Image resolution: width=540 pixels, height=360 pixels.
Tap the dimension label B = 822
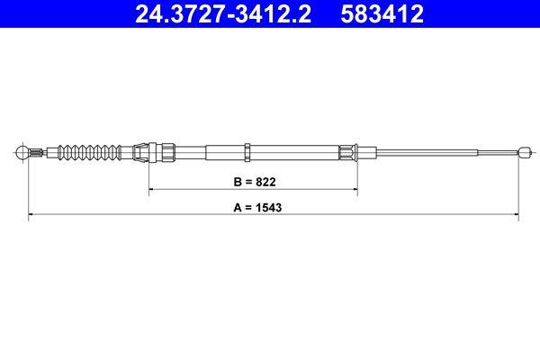(x=252, y=181)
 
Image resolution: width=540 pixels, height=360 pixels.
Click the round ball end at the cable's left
(x=24, y=151)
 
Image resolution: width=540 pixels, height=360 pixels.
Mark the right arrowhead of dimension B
(x=355, y=190)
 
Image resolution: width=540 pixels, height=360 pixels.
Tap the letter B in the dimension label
(x=237, y=181)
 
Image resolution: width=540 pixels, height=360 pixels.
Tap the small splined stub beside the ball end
(x=39, y=151)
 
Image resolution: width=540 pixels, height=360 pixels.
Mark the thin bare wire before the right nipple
(x=441, y=151)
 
